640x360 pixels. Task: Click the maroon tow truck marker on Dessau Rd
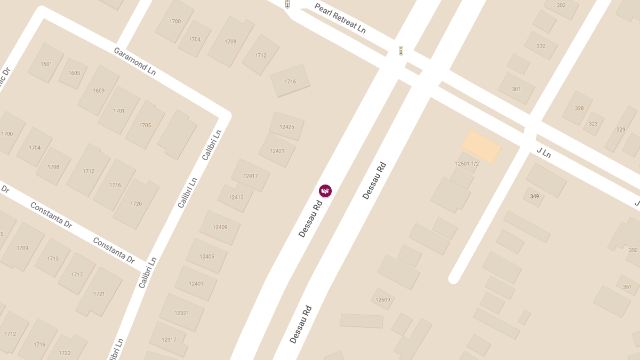325,190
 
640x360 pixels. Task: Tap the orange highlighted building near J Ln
481,147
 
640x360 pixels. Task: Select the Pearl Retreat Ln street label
340,18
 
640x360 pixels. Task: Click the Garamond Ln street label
134,61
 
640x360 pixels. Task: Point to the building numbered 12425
286,126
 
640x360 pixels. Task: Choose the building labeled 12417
250,175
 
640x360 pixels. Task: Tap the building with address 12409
220,227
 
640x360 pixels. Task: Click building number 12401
196,283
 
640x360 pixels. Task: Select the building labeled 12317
169,340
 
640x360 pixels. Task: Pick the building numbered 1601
46,64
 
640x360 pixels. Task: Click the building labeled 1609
99,91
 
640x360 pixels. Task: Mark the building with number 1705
145,125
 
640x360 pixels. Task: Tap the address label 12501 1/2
467,164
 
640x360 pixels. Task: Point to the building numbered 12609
382,299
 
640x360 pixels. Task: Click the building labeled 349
534,196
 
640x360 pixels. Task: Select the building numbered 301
516,89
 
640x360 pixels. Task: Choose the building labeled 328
579,108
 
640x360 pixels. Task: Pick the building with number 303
561,6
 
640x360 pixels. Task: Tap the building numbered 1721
99,293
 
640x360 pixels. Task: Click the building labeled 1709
22,248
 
